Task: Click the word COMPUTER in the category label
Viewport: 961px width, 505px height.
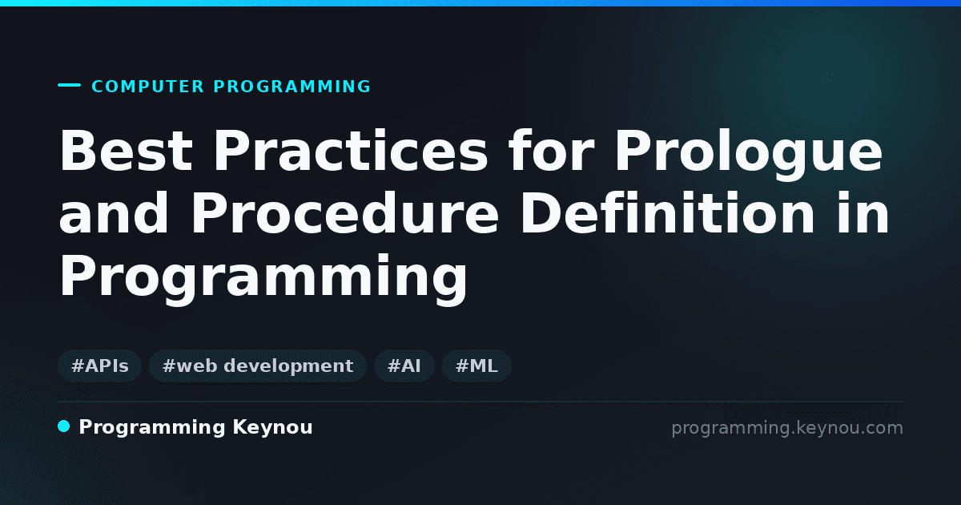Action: pos(148,87)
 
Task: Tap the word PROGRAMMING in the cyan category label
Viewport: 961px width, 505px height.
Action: pos(292,87)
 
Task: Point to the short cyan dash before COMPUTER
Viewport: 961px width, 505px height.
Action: pos(69,85)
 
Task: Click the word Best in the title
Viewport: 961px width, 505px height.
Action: pos(127,151)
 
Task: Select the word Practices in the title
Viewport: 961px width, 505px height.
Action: pos(351,151)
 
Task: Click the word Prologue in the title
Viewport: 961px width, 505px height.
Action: pos(749,155)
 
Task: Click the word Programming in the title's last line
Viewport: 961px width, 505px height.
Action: pos(263,279)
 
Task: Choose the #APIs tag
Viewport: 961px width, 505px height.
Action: pos(100,366)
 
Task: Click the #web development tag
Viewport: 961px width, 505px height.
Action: pos(258,366)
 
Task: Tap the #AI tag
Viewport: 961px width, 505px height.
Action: pos(404,366)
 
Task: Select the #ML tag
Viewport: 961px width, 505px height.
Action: pos(476,366)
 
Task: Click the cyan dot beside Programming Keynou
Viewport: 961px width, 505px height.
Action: pos(64,426)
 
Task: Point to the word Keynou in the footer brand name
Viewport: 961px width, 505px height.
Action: pos(272,428)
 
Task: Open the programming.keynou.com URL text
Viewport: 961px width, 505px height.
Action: pos(787,428)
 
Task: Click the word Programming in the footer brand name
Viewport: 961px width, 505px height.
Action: pos(152,428)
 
